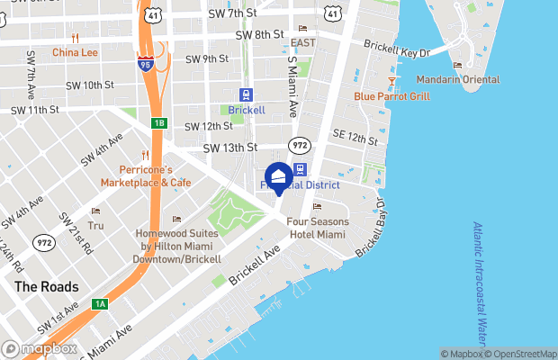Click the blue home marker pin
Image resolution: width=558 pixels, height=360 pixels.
click(279, 177)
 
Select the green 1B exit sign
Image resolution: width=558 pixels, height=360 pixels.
click(159, 122)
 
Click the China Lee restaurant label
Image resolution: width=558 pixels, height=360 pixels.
click(74, 51)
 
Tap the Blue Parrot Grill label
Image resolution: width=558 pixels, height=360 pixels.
click(391, 96)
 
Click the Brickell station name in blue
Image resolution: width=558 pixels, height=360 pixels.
click(246, 110)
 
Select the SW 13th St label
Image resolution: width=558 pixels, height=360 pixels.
click(230, 148)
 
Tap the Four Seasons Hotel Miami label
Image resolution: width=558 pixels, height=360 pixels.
click(316, 228)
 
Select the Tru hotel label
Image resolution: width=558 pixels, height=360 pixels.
click(95, 226)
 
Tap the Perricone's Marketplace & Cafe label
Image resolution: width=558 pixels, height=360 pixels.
click(157, 175)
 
